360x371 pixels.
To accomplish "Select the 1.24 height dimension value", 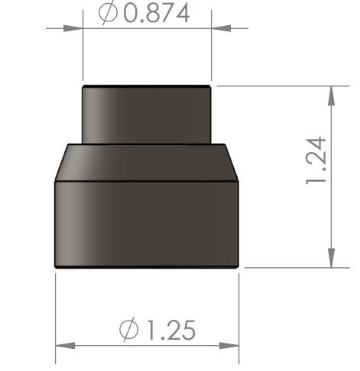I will (316, 160).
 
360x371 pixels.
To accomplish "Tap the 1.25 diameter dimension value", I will (170, 330).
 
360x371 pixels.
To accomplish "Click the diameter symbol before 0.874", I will (109, 14).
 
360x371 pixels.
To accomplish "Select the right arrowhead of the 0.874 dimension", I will (221, 29).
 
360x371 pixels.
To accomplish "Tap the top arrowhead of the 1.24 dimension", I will (332, 95).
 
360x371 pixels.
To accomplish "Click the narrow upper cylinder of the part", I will (146, 115).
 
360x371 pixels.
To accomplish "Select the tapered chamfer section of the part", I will (146, 162).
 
